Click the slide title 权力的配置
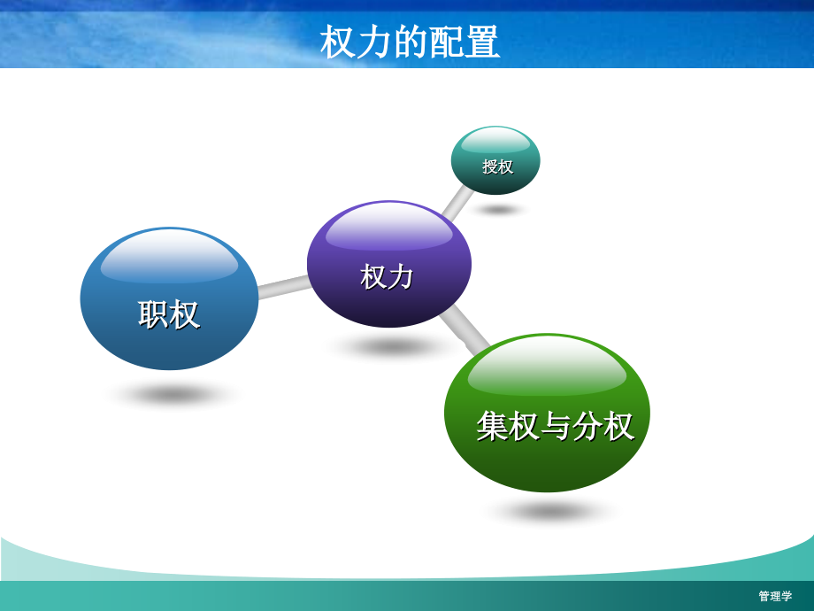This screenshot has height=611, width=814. click(x=410, y=42)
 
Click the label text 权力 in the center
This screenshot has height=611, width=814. click(x=388, y=276)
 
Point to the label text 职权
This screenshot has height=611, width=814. click(x=169, y=314)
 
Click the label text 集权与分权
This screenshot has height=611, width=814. click(x=555, y=426)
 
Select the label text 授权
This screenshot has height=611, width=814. click(x=497, y=166)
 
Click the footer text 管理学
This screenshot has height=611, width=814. click(x=775, y=596)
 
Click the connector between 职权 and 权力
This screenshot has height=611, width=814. click(x=283, y=287)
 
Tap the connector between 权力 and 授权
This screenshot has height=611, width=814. click(x=457, y=203)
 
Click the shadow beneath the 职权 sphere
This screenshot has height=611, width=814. click(x=173, y=393)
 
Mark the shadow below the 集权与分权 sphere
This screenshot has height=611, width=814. click(x=550, y=511)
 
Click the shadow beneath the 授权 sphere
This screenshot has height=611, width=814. click(x=498, y=210)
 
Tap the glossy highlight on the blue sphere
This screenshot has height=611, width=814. click(x=169, y=257)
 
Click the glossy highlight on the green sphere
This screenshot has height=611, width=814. click(x=547, y=367)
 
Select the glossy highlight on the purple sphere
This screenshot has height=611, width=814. click(x=389, y=227)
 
